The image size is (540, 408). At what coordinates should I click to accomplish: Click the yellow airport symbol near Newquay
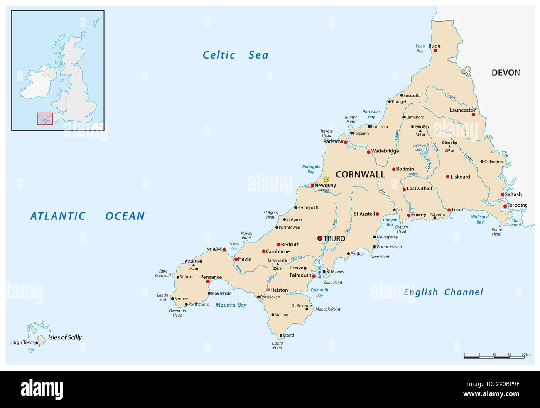click(x=326, y=179)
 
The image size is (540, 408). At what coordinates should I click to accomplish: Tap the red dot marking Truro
click(x=319, y=238)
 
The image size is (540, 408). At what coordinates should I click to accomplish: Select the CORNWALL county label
click(x=360, y=175)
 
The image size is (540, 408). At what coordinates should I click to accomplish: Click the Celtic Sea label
click(x=235, y=55)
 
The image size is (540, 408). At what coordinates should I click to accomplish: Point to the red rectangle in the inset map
click(x=45, y=118)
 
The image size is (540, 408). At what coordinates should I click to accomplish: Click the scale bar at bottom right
click(x=494, y=357)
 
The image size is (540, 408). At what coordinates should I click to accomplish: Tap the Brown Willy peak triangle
click(x=420, y=130)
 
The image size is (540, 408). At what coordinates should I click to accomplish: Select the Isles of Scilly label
click(x=65, y=337)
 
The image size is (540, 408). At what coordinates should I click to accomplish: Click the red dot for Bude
click(x=435, y=51)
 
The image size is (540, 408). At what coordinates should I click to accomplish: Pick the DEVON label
click(x=506, y=73)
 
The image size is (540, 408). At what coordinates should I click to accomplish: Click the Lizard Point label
click(x=277, y=345)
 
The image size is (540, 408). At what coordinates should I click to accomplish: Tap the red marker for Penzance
click(x=208, y=282)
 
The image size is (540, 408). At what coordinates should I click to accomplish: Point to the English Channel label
click(x=443, y=292)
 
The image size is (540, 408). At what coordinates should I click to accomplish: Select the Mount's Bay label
click(x=231, y=305)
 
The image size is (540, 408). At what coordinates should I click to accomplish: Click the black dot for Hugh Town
click(x=37, y=343)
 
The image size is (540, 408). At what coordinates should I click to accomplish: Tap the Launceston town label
click(x=463, y=110)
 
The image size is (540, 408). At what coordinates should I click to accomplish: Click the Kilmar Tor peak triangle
click(x=449, y=146)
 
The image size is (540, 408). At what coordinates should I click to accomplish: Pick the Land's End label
click(x=162, y=297)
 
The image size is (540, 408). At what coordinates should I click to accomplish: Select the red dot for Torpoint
click(x=505, y=206)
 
